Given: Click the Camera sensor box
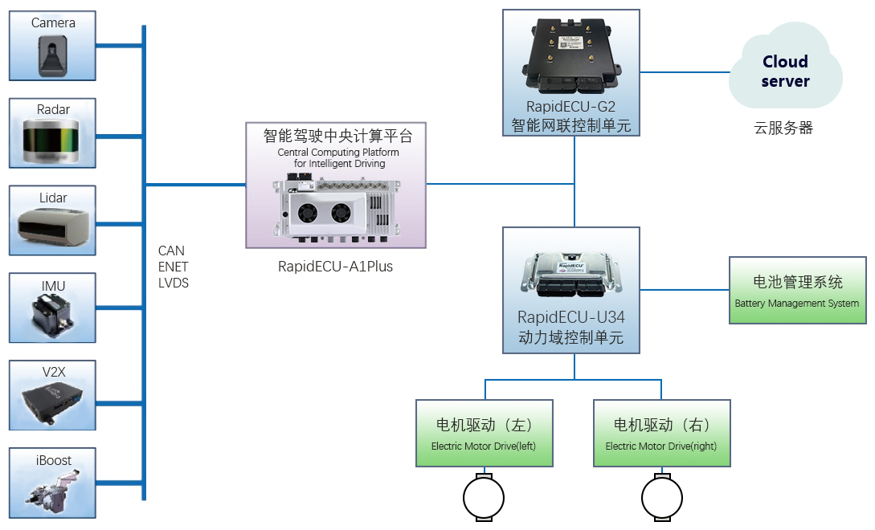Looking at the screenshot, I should coord(52,46).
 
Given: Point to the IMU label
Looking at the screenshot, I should coord(53,286).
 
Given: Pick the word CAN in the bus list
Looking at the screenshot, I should coord(171,251).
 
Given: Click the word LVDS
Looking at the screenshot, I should coord(174,283).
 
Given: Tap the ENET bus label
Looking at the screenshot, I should coord(174,267).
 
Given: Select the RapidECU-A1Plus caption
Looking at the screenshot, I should coord(335,266).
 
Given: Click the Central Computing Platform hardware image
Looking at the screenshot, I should coord(335,207).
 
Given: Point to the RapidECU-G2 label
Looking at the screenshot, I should coord(571,106).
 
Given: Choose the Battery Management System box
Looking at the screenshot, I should coord(797,290).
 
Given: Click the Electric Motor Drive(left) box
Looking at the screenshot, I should coord(485,433).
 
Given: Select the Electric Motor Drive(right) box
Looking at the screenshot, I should coord(661,433).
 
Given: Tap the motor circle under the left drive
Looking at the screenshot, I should coord(484,499).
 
